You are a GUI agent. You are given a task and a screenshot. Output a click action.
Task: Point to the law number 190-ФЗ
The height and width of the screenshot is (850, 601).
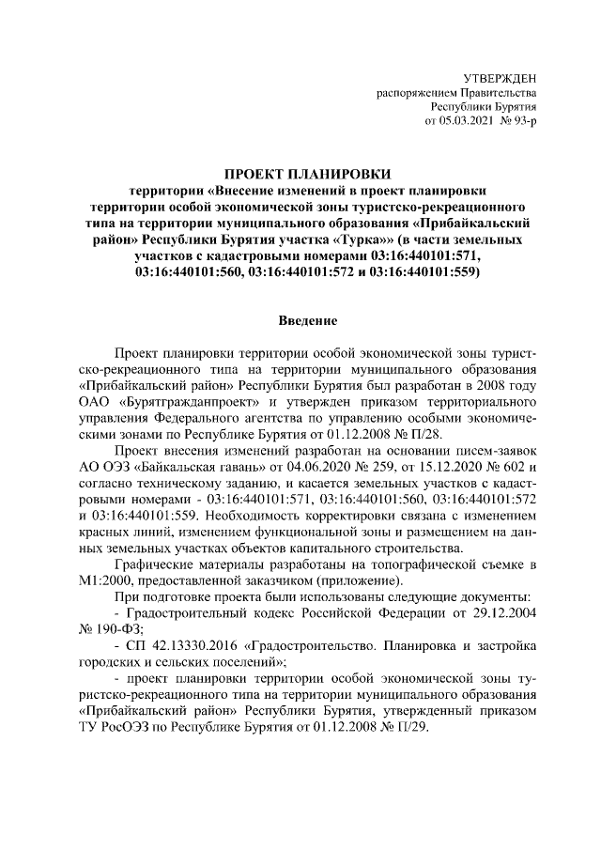(x=117, y=629)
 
